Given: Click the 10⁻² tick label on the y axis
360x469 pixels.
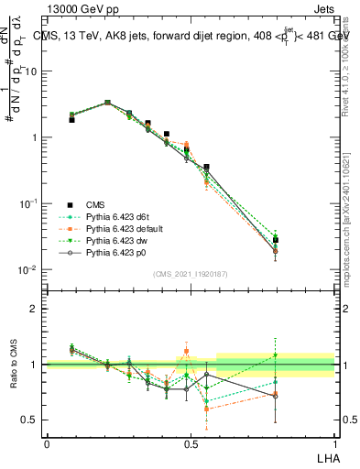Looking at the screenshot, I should (29, 269).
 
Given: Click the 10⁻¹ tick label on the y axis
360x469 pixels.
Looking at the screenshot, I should (29, 203).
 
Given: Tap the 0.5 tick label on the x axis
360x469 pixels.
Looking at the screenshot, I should (191, 443).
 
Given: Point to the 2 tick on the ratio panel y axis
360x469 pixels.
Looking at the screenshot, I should (36, 309).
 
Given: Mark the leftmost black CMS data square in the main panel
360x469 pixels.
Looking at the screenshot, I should (71, 119).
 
